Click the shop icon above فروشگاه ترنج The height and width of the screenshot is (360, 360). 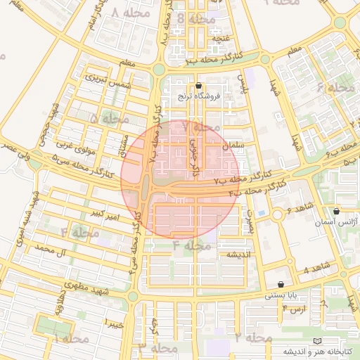point(198,86)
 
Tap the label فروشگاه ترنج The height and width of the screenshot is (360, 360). point(199,96)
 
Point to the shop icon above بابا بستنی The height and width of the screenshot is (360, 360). point(281,285)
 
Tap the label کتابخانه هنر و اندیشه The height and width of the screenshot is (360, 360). point(312,350)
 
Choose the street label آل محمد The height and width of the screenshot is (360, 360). point(53,250)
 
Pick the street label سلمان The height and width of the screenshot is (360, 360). point(231,145)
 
